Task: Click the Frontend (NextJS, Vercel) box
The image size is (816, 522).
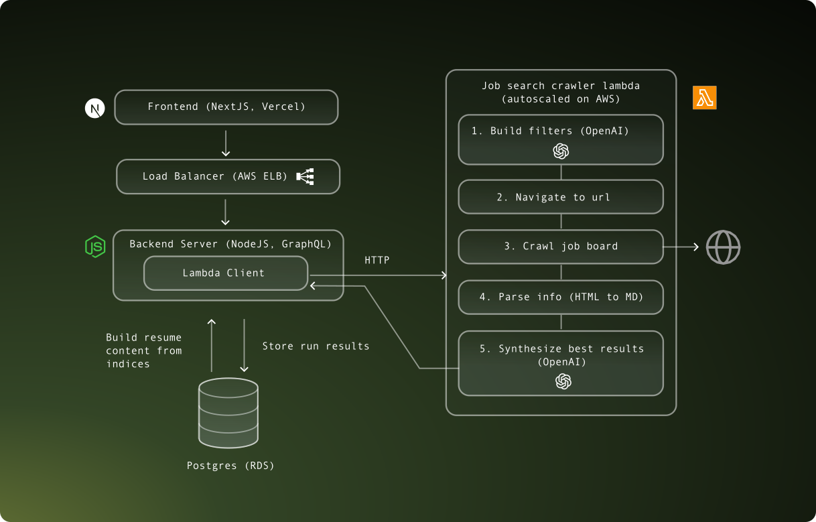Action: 226,107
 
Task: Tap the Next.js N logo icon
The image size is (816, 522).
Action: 95,108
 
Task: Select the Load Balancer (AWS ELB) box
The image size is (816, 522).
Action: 228,177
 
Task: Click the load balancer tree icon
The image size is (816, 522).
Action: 305,177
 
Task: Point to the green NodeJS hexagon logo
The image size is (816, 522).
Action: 95,247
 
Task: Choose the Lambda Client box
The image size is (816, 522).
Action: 225,273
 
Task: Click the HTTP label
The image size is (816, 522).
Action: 377,260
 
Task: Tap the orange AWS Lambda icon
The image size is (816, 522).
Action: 704,98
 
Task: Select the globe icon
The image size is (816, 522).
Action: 723,247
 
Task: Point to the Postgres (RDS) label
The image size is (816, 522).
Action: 230,466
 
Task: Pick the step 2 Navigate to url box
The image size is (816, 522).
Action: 561,198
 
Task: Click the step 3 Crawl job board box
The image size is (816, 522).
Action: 561,247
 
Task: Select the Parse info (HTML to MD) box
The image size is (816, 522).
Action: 561,297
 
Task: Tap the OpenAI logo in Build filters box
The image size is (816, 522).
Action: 561,151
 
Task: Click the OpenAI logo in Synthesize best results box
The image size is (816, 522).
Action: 563,381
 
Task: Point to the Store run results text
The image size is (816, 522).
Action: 316,346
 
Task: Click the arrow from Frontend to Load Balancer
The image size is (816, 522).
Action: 226,142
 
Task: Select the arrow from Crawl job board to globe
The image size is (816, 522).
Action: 681,247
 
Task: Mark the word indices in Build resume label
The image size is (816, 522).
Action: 127,364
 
